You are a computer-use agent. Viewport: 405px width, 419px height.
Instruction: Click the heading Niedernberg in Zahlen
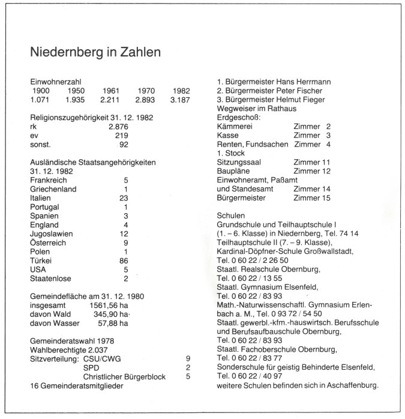[95, 52]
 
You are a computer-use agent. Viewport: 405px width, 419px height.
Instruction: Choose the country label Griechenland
[56, 188]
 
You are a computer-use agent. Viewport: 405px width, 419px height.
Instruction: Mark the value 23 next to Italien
[124, 197]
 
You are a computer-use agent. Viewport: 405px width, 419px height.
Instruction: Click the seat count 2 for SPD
[188, 367]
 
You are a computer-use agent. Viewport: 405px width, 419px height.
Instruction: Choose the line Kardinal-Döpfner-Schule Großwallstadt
[288, 252]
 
